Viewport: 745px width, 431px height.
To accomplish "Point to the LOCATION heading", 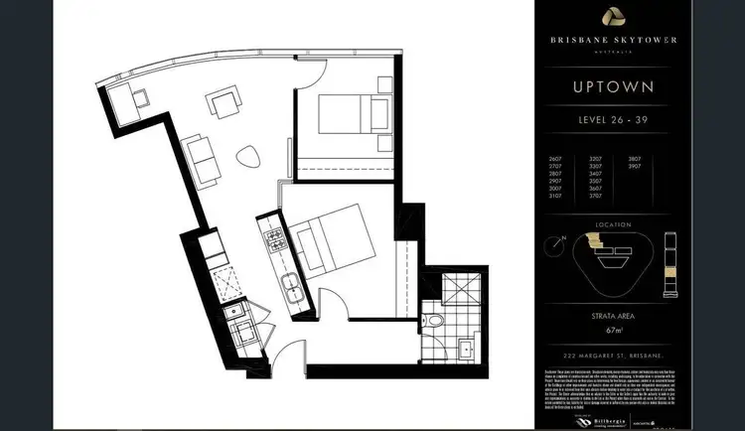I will point(613,225).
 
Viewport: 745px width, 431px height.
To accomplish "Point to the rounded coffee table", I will point(247,158).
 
